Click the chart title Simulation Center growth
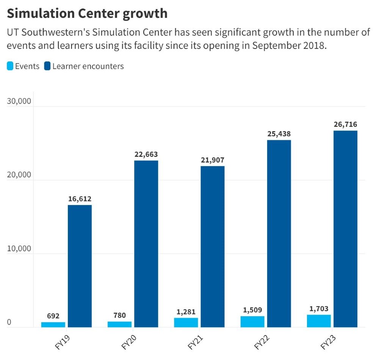(87, 13)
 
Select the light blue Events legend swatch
(10, 66)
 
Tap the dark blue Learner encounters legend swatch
(47, 66)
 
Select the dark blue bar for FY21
(213, 246)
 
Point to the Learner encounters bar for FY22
(279, 233)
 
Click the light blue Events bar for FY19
(53, 324)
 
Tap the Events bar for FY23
(319, 321)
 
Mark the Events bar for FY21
(186, 322)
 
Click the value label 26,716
(345, 124)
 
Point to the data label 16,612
(80, 199)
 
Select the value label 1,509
(252, 310)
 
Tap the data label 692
(53, 316)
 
